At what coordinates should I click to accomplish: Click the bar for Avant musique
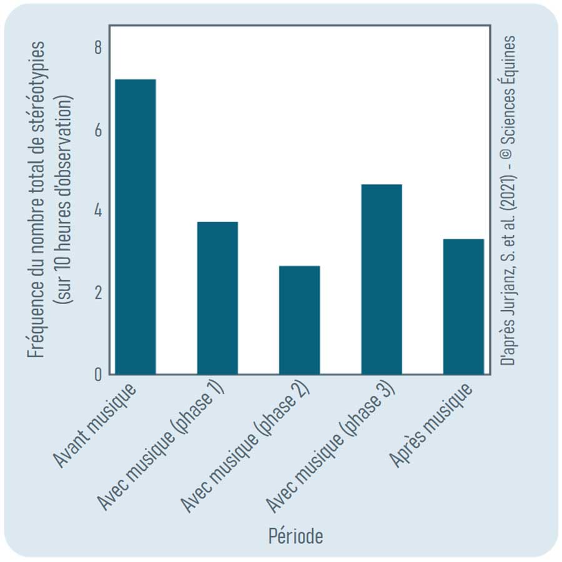click(x=136, y=227)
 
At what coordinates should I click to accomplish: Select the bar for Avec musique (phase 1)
click(x=217, y=298)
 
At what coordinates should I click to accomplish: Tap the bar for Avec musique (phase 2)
click(x=299, y=320)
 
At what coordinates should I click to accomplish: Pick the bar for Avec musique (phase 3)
click(x=382, y=279)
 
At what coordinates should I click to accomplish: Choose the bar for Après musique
click(x=463, y=307)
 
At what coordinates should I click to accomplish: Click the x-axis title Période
click(x=296, y=536)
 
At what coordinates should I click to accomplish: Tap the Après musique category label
click(x=430, y=426)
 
